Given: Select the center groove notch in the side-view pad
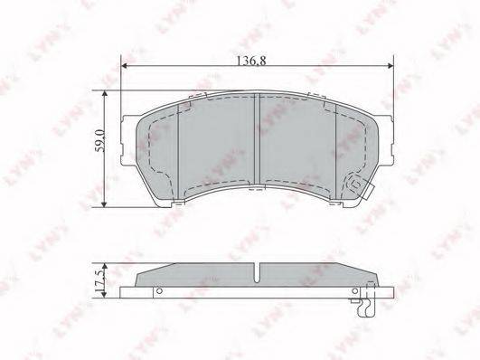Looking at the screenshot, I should tap(257, 272).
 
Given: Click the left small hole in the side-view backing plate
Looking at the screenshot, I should tap(158, 290).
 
